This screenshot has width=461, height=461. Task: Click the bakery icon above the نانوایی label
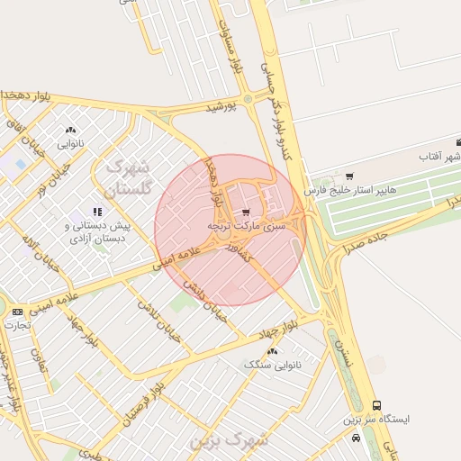coord(70,130)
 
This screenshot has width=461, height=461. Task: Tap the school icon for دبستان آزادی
coord(97,211)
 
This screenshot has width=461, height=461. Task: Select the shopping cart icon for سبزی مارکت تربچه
coord(247,212)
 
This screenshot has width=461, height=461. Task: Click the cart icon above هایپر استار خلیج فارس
coord(349,176)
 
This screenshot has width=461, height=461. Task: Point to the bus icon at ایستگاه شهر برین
coord(376,405)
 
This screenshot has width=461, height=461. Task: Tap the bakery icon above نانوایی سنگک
coord(273,350)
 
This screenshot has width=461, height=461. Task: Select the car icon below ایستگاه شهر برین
coord(357,438)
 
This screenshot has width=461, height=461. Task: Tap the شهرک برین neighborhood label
coord(230,441)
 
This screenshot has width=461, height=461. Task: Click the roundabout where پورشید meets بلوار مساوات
coord(247,99)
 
